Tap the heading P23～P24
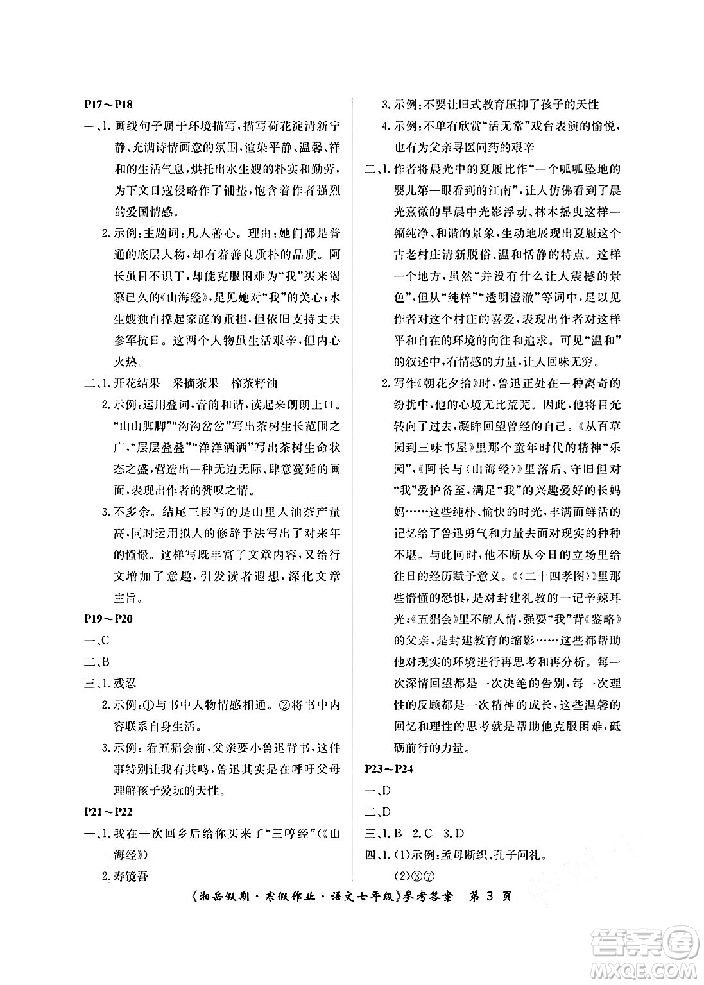pos(389,769)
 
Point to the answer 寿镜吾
pos(131,876)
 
